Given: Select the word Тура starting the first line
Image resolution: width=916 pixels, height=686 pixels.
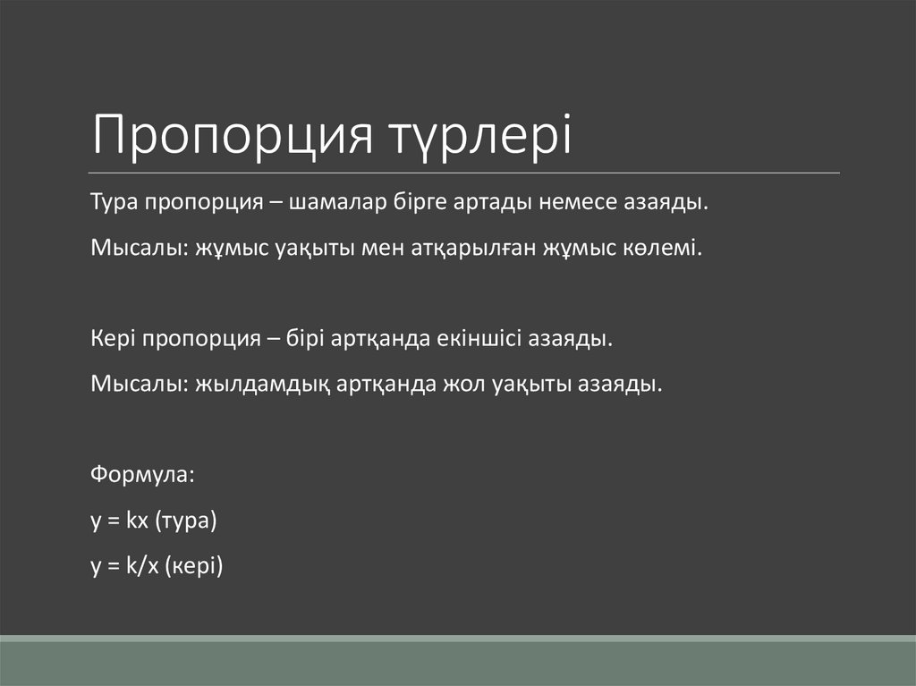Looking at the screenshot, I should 112,202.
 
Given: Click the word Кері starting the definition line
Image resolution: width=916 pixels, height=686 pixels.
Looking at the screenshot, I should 110,340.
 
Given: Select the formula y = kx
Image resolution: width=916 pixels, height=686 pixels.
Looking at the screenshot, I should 119,521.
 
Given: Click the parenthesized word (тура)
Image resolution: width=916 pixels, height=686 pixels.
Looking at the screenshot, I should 186,521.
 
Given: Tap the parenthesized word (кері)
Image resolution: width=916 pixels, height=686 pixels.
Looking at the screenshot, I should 192,567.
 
